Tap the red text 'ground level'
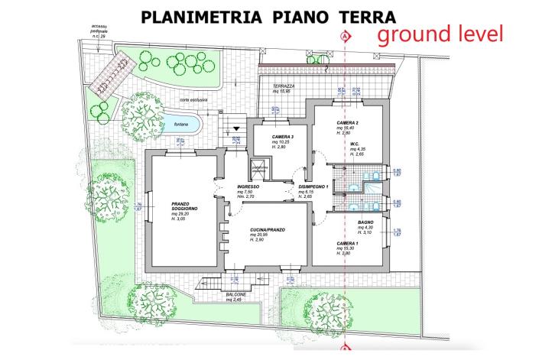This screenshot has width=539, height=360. click(x=440, y=34)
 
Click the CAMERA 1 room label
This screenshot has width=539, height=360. click(x=348, y=244)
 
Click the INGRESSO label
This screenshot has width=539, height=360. click(x=248, y=186)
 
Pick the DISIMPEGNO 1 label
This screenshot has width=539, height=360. click(x=313, y=186)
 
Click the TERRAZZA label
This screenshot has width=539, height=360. click(x=284, y=87)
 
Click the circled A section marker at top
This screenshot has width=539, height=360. click(x=346, y=36)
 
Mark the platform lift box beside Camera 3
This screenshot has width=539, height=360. click(x=261, y=169)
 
